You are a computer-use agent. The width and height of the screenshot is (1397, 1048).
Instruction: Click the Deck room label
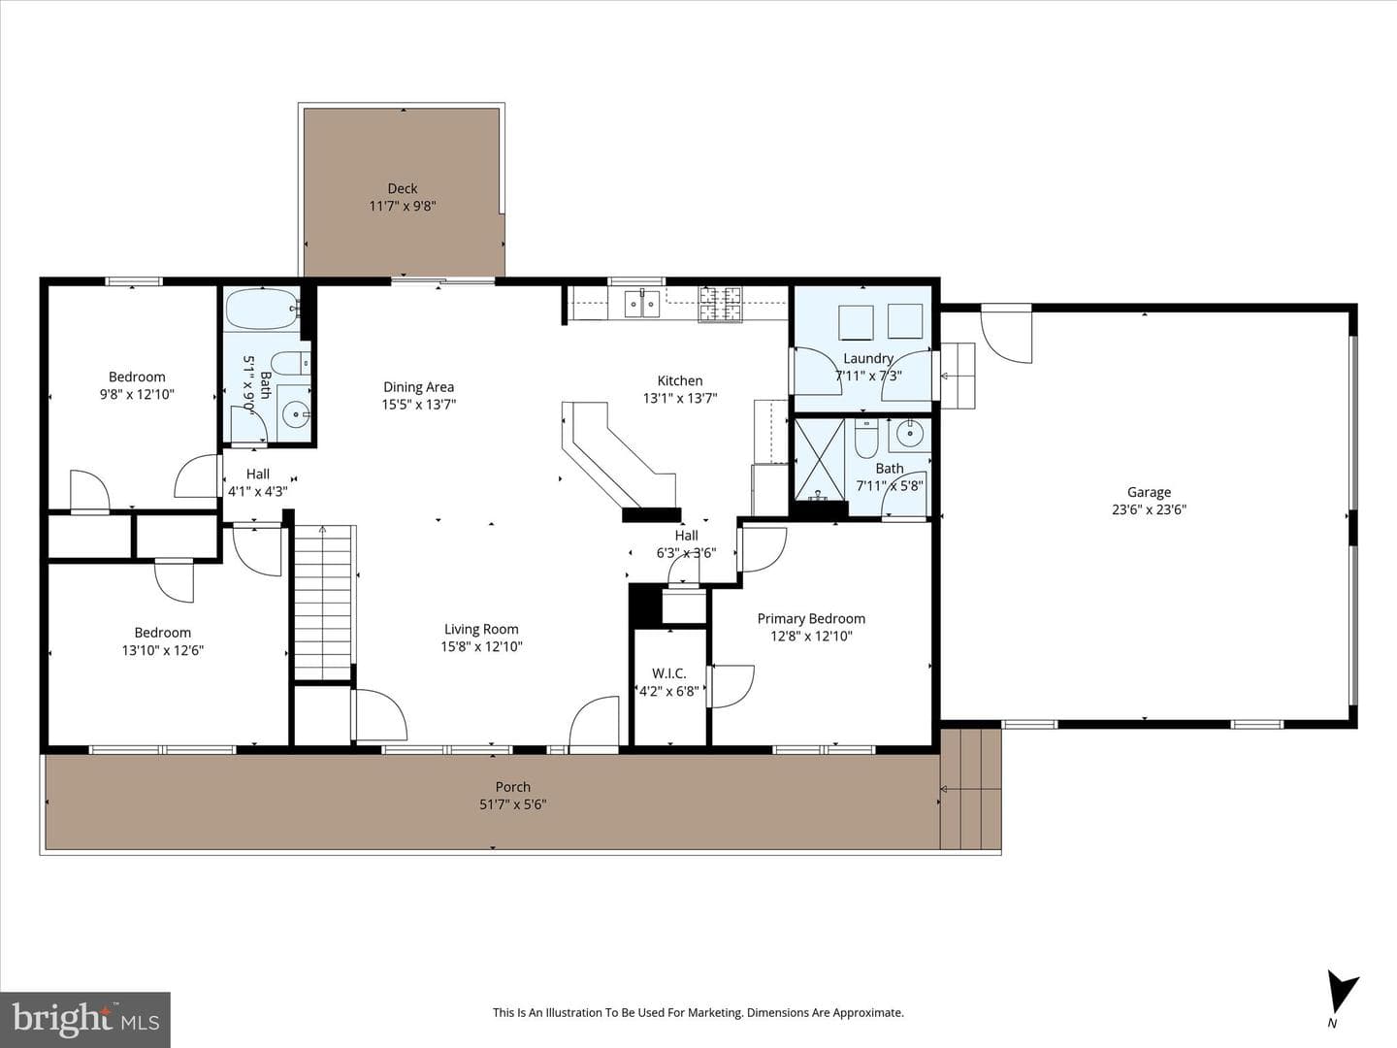tap(403, 188)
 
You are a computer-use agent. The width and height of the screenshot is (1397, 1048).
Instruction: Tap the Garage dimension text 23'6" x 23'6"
tap(1149, 509)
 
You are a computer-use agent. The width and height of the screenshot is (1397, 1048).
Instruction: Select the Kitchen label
tap(680, 380)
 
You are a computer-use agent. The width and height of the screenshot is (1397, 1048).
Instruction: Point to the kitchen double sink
tap(641, 304)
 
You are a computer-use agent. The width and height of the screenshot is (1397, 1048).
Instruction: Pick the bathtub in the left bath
tap(262, 310)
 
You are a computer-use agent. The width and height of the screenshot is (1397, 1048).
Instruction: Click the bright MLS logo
tap(85, 1019)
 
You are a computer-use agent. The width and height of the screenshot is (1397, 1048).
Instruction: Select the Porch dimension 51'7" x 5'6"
tap(513, 804)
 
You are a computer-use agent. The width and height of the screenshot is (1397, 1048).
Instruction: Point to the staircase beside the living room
tap(323, 603)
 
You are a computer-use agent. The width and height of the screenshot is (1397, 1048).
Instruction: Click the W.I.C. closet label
tap(668, 673)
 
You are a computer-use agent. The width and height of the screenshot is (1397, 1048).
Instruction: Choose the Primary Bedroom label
tap(811, 618)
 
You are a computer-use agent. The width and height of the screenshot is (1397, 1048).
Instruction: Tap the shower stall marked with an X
tap(819, 459)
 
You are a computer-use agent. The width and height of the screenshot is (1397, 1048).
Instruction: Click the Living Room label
tap(481, 630)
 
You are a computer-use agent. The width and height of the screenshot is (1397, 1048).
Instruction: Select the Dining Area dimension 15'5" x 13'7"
tap(419, 404)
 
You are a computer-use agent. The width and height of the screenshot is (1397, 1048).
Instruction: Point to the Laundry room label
tap(868, 358)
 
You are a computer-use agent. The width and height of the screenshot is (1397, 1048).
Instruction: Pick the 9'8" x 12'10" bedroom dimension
tap(137, 395)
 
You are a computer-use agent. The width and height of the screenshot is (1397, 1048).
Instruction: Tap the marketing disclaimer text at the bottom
tap(698, 1012)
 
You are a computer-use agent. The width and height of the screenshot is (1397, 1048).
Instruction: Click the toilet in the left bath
tap(295, 363)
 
